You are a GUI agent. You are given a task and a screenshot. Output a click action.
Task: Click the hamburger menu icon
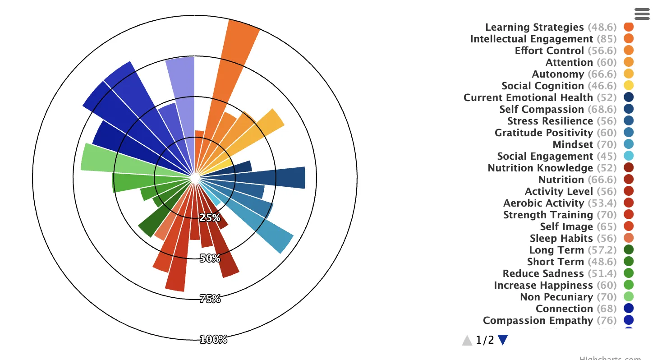(x=642, y=14)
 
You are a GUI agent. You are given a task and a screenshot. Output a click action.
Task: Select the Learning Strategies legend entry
(x=534, y=28)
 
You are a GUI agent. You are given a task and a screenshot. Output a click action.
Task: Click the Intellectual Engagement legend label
(x=532, y=39)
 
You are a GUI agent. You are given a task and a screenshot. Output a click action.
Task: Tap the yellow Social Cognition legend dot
(x=629, y=85)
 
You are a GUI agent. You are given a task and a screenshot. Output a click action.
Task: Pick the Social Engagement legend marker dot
(x=629, y=156)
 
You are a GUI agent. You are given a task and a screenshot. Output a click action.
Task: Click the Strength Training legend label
(x=548, y=215)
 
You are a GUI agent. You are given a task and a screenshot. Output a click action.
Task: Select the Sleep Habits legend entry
(x=561, y=239)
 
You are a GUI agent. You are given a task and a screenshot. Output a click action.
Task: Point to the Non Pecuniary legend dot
(x=629, y=296)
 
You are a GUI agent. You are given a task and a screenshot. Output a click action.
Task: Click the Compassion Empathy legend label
(x=538, y=321)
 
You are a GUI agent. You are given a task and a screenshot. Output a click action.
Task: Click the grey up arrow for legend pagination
(x=467, y=341)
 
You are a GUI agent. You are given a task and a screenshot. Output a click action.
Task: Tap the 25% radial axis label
(x=210, y=217)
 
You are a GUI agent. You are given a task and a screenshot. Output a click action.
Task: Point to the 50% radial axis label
(x=210, y=258)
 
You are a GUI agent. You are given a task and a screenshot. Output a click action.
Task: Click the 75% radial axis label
(x=210, y=298)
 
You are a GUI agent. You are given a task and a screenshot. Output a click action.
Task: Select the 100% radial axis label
(x=213, y=339)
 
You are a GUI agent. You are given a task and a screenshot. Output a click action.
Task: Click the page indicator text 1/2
(x=485, y=341)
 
